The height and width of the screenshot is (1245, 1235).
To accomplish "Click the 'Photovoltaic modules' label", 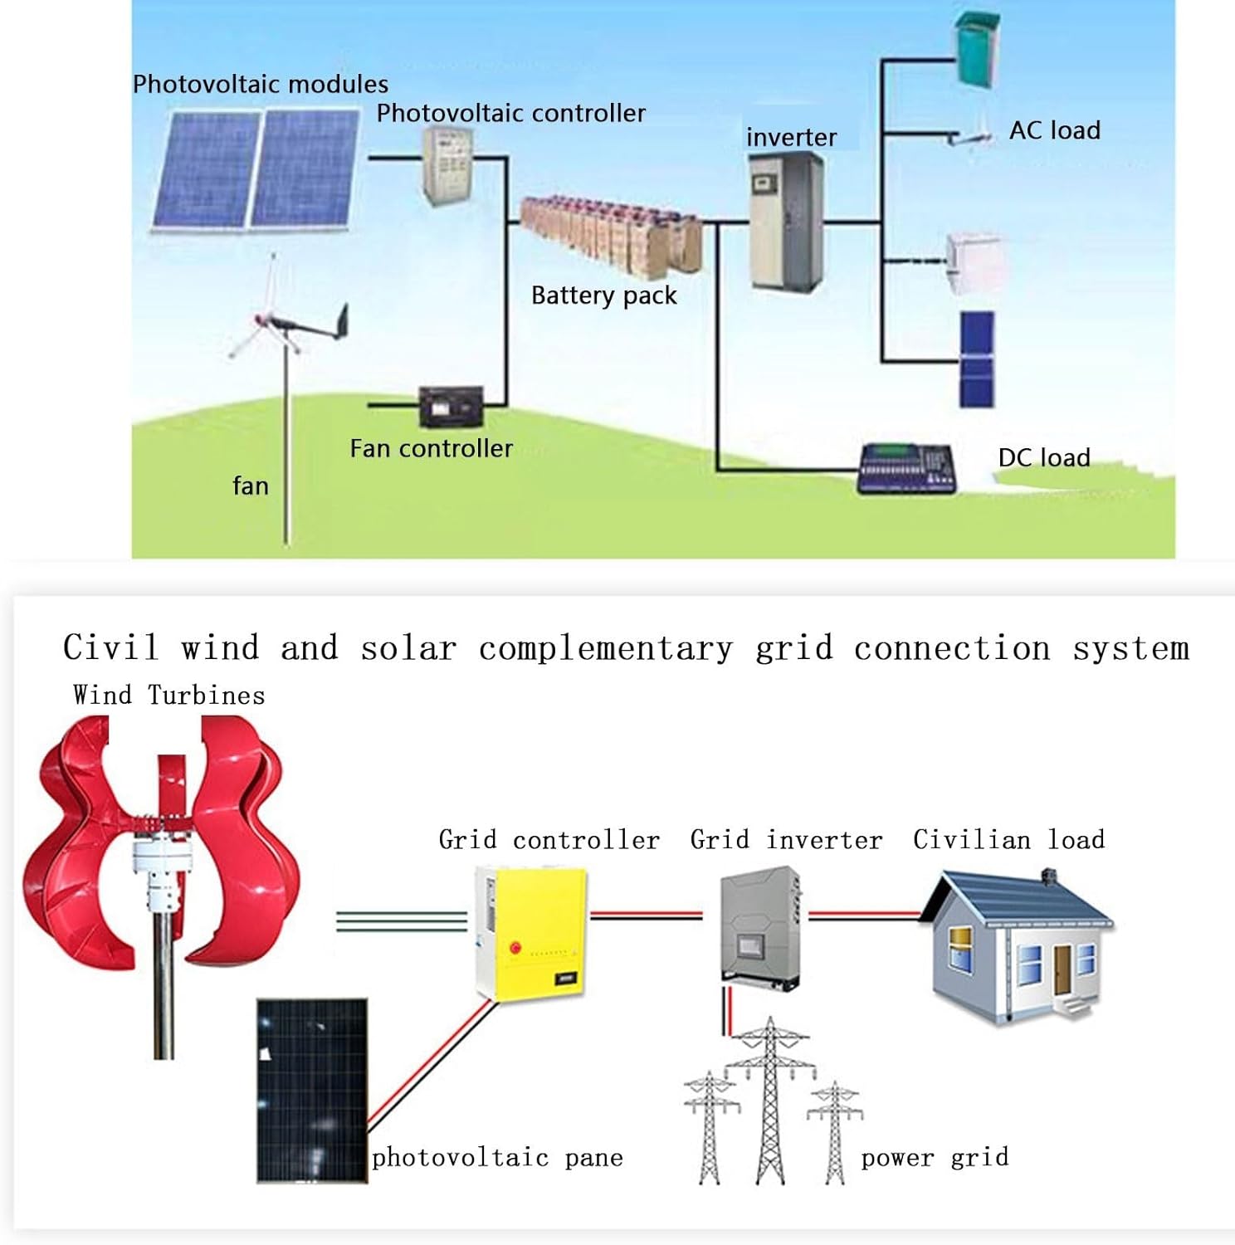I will (x=260, y=85).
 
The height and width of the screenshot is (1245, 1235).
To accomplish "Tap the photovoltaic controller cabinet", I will (x=447, y=165).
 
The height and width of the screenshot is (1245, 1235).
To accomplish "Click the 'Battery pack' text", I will (x=603, y=295).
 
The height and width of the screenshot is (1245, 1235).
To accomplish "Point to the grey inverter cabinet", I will (x=785, y=222).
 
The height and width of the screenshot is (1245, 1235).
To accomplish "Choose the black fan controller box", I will (x=451, y=407).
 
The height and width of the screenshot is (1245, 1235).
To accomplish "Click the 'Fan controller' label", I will (x=431, y=449).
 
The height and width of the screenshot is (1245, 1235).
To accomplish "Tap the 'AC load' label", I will (x=1054, y=131).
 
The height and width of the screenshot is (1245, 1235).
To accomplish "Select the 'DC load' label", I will (x=1043, y=458).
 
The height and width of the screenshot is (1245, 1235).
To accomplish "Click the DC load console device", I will (x=906, y=469).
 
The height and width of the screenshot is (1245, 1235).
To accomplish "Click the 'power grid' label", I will (x=935, y=1158).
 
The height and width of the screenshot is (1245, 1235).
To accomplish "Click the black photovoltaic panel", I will (x=312, y=1090).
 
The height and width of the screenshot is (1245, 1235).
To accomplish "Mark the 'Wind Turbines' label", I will (x=169, y=696).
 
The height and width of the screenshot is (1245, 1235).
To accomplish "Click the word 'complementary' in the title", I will (x=606, y=648).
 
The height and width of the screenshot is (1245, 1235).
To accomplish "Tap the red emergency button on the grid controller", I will (x=515, y=947).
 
